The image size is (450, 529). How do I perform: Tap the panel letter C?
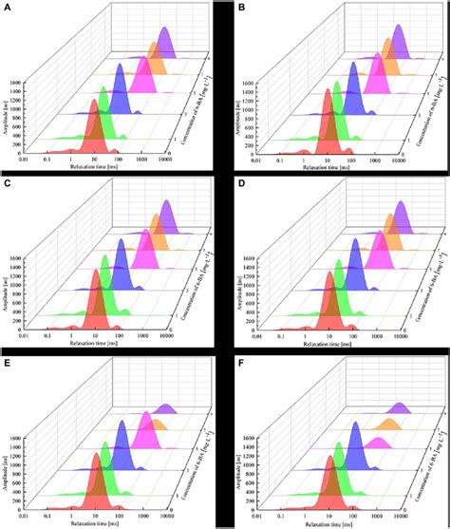pyautogui.click(x=7, y=183)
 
